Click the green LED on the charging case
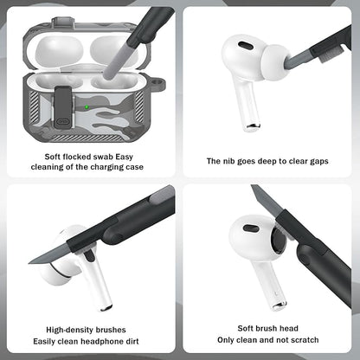pyautogui.click(x=88, y=107)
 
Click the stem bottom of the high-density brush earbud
pyautogui.click(x=106, y=305)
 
